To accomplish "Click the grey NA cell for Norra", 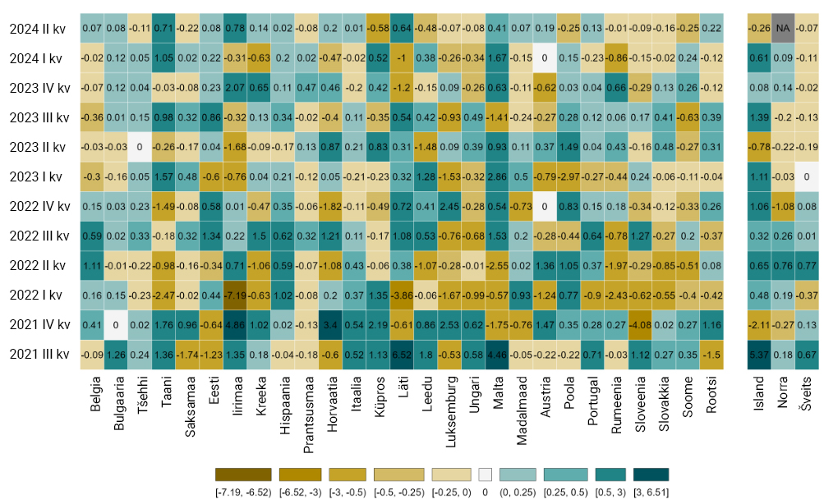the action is pyautogui.click(x=782, y=29).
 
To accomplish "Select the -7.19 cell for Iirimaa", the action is pyautogui.click(x=235, y=295).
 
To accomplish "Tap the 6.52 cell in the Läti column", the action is pyautogui.click(x=402, y=355).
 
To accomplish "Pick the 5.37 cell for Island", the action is pyautogui.click(x=759, y=355).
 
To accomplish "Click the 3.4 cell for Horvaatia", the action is pyautogui.click(x=330, y=325).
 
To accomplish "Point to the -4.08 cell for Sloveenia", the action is pyautogui.click(x=640, y=325).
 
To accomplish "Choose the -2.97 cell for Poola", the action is pyautogui.click(x=569, y=176).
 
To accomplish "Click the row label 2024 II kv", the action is pyautogui.click(x=37, y=29).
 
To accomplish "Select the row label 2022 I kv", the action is pyautogui.click(x=35, y=295).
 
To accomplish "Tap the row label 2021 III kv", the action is pyautogui.click(x=39, y=355).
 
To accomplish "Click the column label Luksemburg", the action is pyautogui.click(x=450, y=411).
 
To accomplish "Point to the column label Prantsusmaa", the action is pyautogui.click(x=308, y=415).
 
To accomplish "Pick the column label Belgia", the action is pyautogui.click(x=95, y=394).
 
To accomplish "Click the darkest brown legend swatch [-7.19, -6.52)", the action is pyautogui.click(x=243, y=474).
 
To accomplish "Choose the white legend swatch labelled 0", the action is pyautogui.click(x=485, y=474).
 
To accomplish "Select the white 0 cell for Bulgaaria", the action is pyautogui.click(x=116, y=325).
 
